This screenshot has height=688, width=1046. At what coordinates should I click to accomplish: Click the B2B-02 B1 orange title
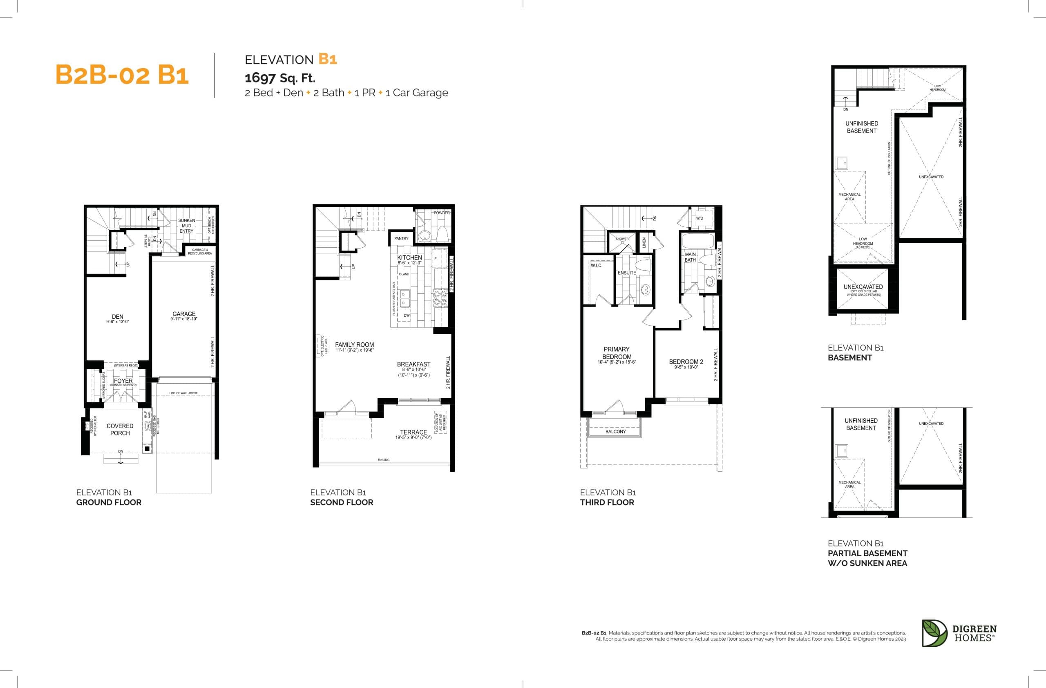[x=122, y=75]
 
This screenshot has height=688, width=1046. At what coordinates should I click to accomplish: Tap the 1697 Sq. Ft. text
[x=280, y=78]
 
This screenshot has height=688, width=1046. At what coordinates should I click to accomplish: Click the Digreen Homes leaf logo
[x=934, y=633]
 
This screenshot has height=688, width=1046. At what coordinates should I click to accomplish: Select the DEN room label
[x=117, y=317]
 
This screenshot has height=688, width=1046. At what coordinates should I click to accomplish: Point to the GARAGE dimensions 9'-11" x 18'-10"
[x=184, y=319]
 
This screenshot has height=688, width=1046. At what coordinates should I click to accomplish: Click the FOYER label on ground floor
[x=123, y=381]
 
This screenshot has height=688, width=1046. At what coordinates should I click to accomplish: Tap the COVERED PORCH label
[x=120, y=429]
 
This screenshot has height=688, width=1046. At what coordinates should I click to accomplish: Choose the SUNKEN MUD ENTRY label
[x=186, y=226]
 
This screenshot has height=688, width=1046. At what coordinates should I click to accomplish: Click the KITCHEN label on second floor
[x=409, y=258]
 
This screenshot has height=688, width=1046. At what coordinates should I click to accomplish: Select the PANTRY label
[x=401, y=238]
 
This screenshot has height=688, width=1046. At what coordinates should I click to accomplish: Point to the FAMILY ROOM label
[x=354, y=345]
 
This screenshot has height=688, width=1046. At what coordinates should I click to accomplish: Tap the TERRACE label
[x=413, y=432]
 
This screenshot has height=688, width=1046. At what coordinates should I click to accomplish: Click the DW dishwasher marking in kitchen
[x=407, y=315]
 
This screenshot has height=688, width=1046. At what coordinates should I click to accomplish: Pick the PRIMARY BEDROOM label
[x=617, y=353]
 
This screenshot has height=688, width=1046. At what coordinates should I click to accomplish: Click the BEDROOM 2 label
[x=686, y=362]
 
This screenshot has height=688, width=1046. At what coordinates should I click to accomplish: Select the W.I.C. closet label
[x=597, y=266]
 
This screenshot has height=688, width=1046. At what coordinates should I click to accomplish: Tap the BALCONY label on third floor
[x=615, y=432]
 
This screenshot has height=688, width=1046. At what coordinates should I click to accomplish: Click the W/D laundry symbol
[x=699, y=218]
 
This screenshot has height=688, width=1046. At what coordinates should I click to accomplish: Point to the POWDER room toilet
[x=443, y=233]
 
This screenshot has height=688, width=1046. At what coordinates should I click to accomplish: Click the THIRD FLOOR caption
[x=607, y=502]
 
